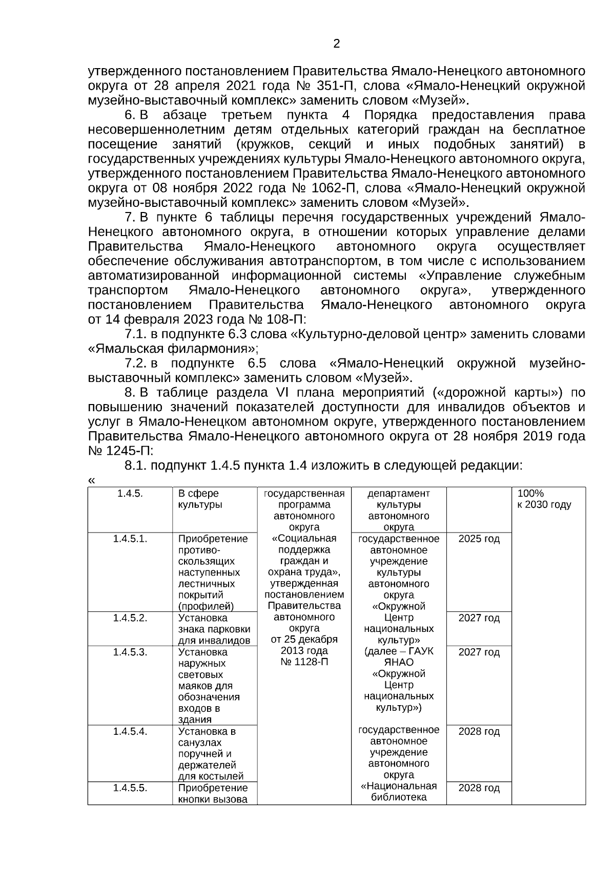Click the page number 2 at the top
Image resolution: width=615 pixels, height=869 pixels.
336,44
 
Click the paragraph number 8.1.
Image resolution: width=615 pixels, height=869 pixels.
136,466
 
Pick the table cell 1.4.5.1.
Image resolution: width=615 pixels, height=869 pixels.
130,539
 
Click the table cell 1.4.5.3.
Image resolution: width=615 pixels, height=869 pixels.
130,652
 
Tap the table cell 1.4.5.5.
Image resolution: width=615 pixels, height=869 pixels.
130,788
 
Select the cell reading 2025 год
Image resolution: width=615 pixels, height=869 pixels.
479,539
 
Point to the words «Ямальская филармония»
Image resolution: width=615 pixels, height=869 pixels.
172,349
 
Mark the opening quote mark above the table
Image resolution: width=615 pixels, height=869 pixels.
92,481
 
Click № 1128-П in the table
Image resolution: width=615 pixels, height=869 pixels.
304,662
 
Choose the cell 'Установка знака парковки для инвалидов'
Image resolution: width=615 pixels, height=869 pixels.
214,629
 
